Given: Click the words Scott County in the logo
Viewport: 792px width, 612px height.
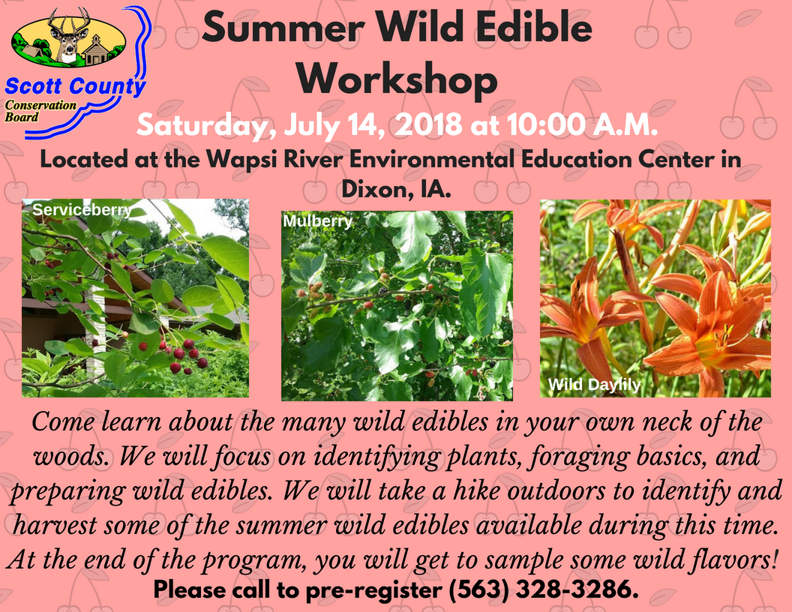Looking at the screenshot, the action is pos(75,86).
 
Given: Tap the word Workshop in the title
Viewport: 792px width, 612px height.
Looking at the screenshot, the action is pos(397,79).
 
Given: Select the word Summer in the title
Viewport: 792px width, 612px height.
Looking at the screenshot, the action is pos(283,27).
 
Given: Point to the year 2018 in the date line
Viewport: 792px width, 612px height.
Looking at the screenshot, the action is pos(428,124).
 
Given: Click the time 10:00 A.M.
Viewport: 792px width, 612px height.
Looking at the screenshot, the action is pos(583,124).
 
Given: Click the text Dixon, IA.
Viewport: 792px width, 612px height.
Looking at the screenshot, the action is pos(396,189).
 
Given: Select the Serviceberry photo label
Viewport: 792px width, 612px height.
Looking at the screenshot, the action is pos(82,209).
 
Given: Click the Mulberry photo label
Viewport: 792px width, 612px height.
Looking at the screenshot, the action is pos(318,221).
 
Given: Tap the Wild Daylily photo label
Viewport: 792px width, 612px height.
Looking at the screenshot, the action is pos(595,385).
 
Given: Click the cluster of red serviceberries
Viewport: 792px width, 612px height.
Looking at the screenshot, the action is pos(184,355).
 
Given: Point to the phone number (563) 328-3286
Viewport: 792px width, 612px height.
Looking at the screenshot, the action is pos(544,589).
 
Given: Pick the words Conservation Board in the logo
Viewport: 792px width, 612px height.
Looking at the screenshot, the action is pos(40,111).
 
